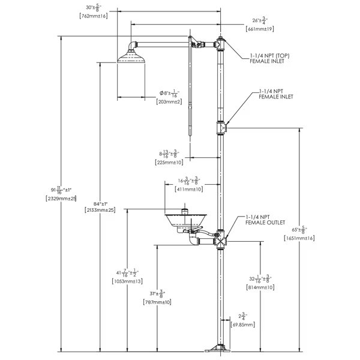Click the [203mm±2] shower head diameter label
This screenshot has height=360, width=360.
click(x=170, y=102)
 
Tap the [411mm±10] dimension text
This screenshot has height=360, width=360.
click(x=188, y=189)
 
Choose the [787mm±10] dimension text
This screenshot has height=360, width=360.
click(x=158, y=302)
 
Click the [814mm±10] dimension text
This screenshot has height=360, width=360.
click(x=260, y=287)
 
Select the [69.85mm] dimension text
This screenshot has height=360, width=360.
click(x=243, y=324)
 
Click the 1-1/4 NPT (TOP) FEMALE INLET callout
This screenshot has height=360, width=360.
click(x=269, y=58)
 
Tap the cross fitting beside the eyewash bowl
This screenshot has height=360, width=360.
click(x=221, y=238)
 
